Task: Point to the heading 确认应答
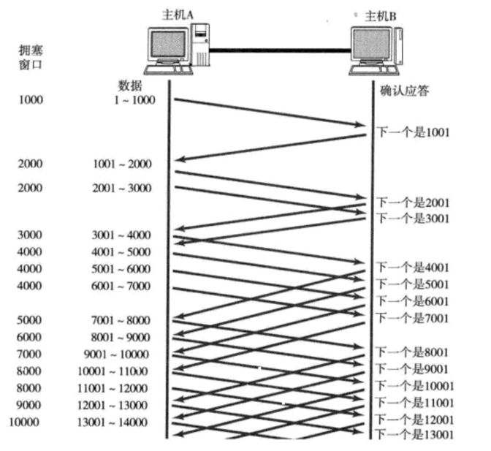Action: point(404,91)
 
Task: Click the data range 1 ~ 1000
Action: point(134,100)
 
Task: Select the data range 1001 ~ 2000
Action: point(123,164)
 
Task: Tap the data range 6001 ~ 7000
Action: point(123,285)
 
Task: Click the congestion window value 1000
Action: point(31,100)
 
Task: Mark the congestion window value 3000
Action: point(31,235)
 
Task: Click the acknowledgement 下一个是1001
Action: point(412,133)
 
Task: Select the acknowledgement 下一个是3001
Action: point(412,218)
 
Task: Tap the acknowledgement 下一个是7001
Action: point(412,318)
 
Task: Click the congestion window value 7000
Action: point(31,354)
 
